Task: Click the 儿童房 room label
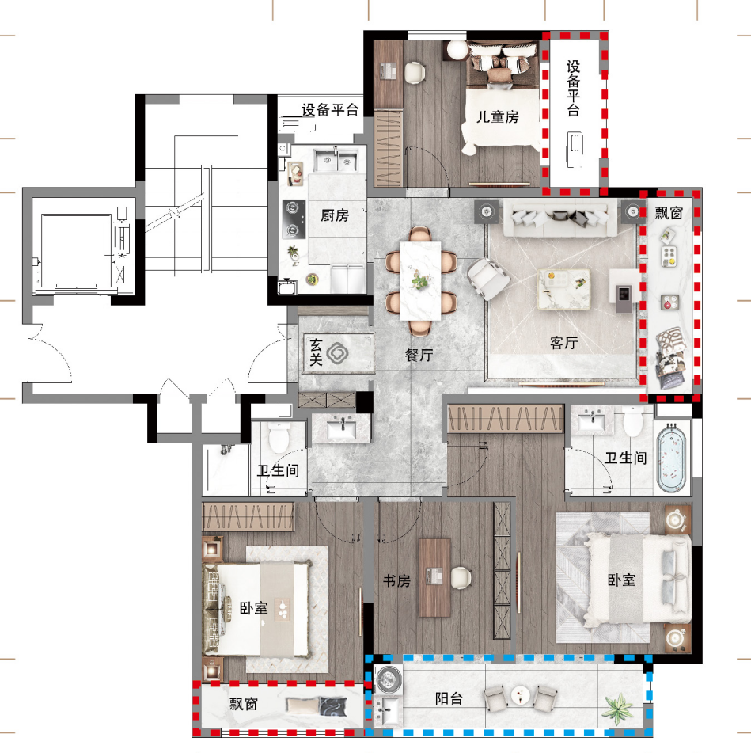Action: [497, 116]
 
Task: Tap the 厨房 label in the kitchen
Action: [335, 215]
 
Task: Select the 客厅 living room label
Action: [564, 342]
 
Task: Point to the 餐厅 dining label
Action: [419, 355]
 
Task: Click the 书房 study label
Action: [396, 581]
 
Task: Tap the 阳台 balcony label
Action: [449, 698]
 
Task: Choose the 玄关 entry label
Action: [316, 352]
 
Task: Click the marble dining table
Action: [420, 280]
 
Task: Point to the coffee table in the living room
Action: [564, 289]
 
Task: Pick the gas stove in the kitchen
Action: [294, 219]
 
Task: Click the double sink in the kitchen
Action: [336, 159]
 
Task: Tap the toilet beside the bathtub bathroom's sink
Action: [633, 421]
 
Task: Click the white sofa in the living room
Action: [559, 218]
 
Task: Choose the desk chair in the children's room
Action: [415, 73]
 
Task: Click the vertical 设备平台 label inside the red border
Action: [573, 89]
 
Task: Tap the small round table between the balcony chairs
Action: [520, 695]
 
